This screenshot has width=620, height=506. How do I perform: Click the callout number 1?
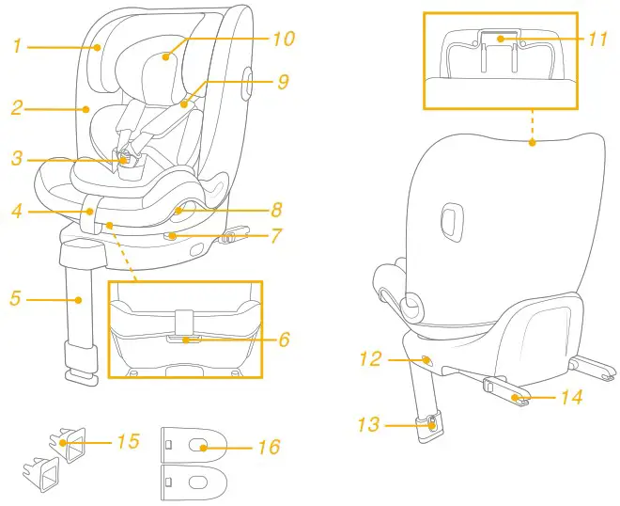click(17, 44)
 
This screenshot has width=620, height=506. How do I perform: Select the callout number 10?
click(284, 39)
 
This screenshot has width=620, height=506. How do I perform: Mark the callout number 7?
click(276, 235)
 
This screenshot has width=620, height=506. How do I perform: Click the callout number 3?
click(17, 159)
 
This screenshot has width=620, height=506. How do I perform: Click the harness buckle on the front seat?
click(126, 160)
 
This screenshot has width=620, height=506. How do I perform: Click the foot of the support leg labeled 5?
click(83, 376)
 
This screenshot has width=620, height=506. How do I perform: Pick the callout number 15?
click(128, 440)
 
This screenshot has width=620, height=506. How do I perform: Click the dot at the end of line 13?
click(431, 425)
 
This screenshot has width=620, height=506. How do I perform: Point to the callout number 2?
click(17, 108)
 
